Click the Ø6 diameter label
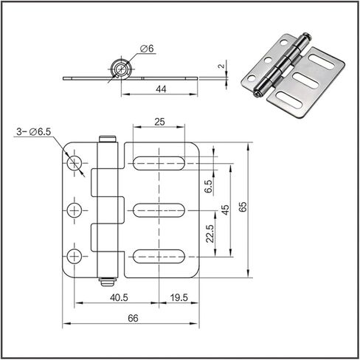[147, 49]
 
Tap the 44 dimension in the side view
[161, 89]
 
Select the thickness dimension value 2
[221, 66]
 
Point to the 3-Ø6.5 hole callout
[33, 132]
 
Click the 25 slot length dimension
[159, 122]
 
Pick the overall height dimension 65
[242, 207]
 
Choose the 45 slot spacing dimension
[225, 210]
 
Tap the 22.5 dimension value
[210, 234]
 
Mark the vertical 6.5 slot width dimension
[208, 187]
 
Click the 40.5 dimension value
[119, 298]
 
